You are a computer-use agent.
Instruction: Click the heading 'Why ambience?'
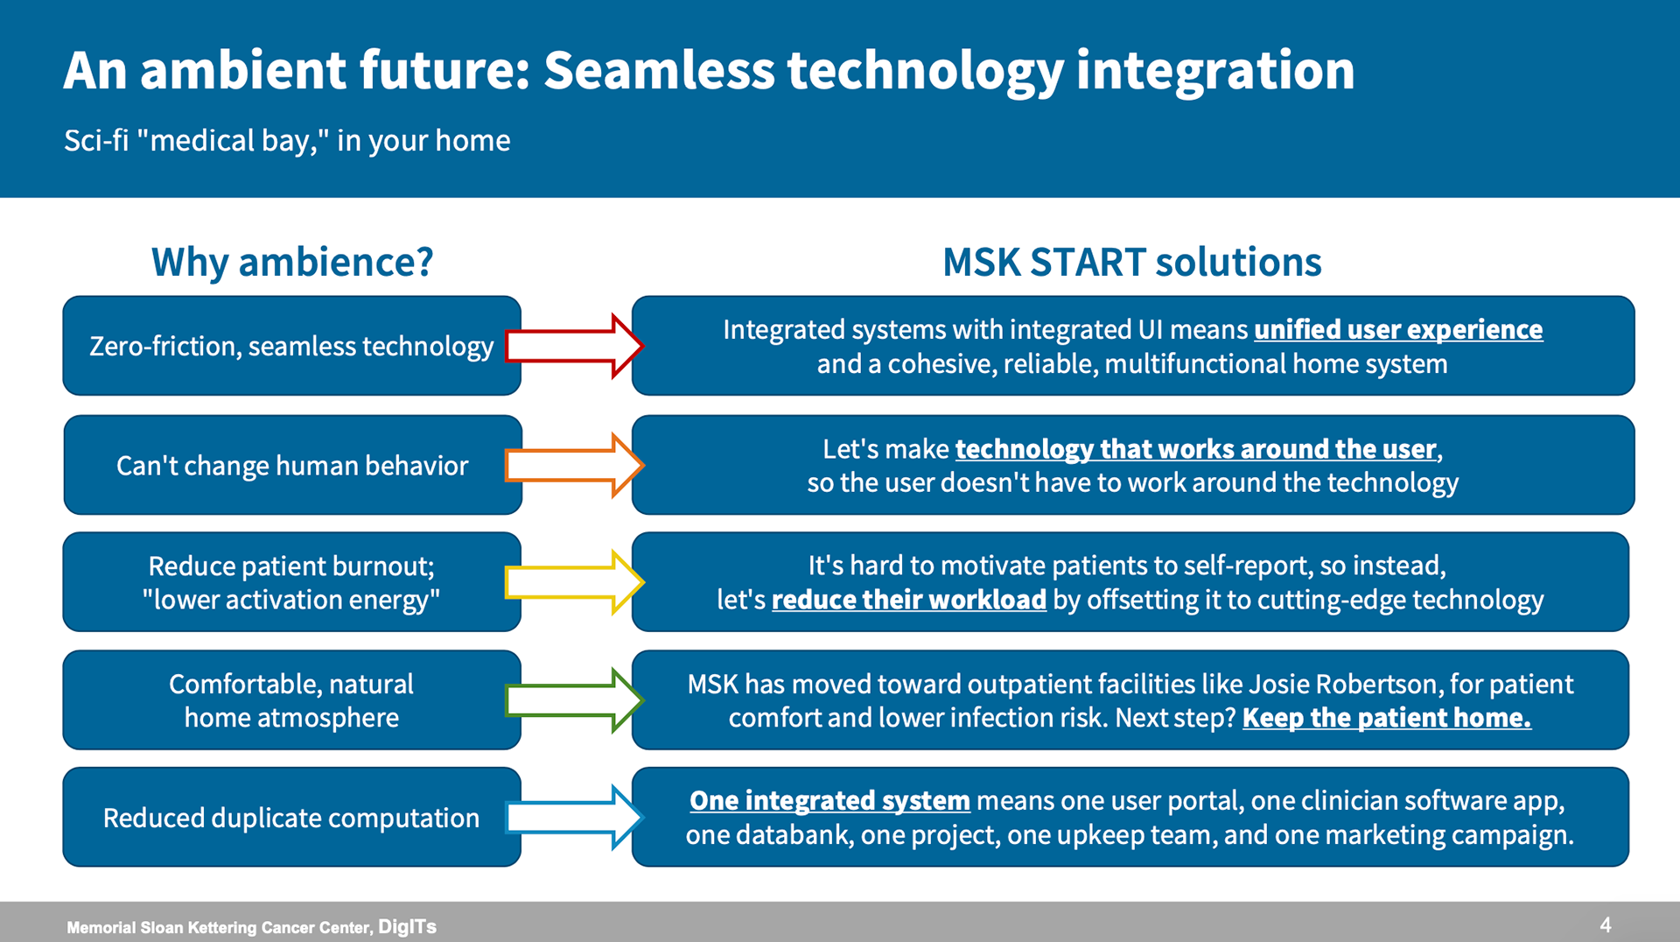(292, 262)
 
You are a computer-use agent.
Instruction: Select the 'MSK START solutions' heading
(1132, 262)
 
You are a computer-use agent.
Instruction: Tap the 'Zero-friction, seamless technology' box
(292, 346)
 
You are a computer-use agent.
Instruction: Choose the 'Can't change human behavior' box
(293, 465)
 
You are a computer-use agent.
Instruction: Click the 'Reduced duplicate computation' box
(292, 818)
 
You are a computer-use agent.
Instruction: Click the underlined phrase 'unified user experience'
(1398, 330)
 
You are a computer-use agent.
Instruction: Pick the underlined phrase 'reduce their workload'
(909, 600)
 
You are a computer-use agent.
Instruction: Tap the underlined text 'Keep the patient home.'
(1387, 718)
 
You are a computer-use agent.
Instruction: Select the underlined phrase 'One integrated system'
(829, 801)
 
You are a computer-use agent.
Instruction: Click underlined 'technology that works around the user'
(1196, 449)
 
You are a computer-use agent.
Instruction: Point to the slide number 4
(1606, 924)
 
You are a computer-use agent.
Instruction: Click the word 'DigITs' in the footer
(407, 926)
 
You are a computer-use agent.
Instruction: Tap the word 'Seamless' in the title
(659, 70)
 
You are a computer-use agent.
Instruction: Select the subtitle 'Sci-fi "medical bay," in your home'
(287, 140)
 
